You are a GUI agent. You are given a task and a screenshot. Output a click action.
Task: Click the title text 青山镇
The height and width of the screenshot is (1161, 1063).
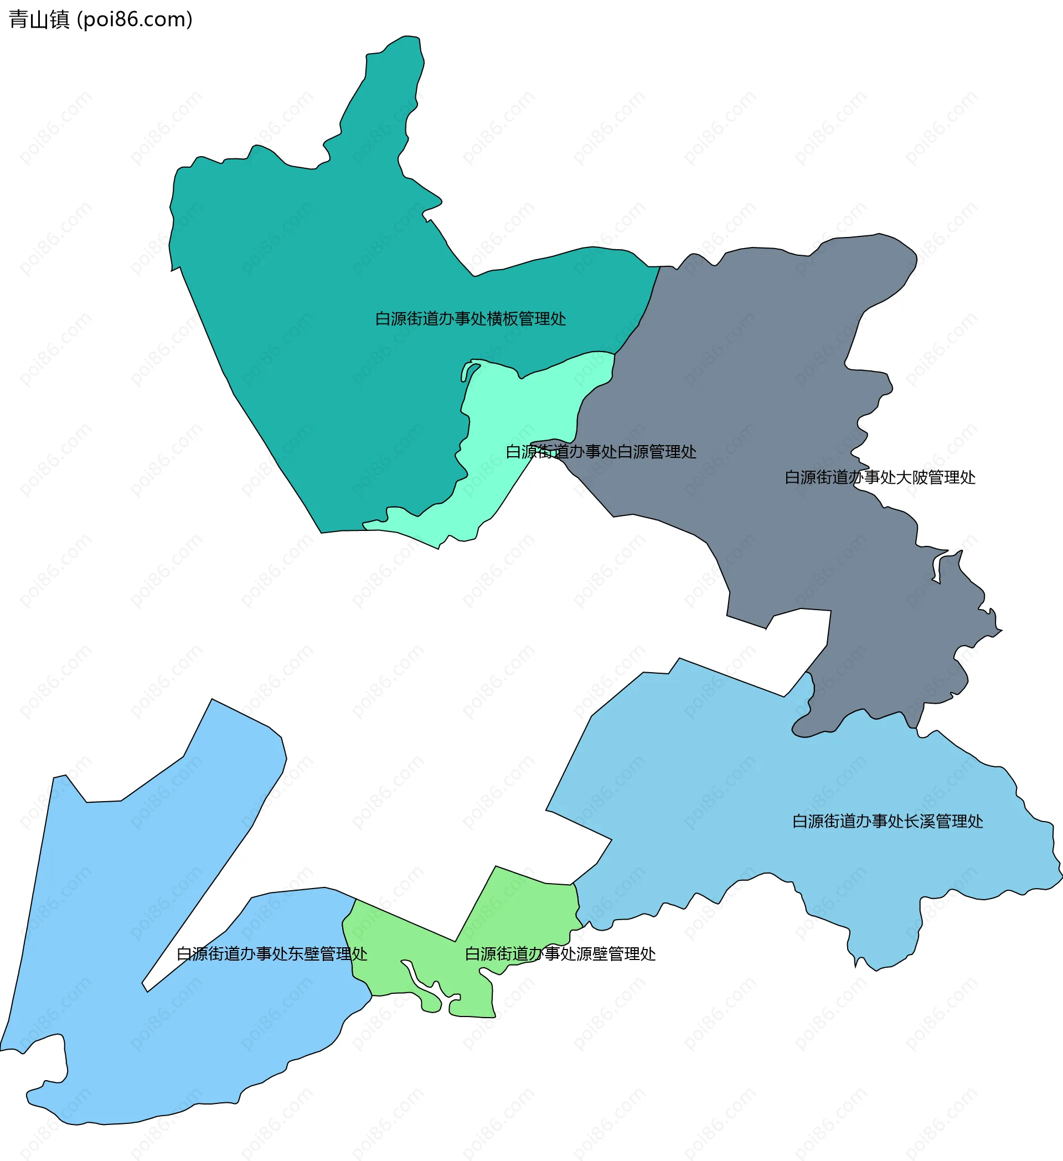39,19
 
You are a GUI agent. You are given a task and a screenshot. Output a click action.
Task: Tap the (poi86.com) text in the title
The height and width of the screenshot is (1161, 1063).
135,19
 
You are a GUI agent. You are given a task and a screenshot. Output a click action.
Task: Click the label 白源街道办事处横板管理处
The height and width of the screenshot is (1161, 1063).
470,318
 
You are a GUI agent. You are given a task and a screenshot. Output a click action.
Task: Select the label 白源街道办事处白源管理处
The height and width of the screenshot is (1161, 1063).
601,452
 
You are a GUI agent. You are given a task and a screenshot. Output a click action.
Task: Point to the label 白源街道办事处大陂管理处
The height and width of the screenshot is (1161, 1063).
879,477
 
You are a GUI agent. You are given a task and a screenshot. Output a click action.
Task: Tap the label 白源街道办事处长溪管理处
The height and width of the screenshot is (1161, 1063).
887,821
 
